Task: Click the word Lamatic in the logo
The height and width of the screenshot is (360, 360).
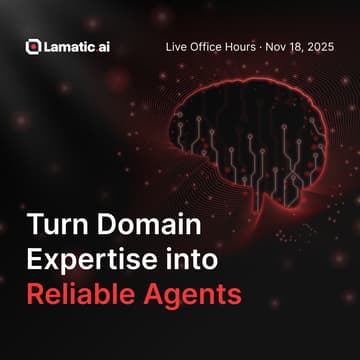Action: click(x=67, y=46)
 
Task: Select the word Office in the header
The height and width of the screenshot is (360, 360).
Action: click(x=213, y=46)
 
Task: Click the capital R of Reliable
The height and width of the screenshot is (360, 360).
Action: click(x=35, y=296)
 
